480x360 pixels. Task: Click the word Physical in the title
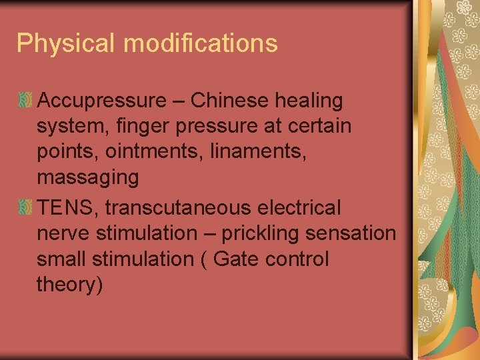(66, 43)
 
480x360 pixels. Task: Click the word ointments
(155, 151)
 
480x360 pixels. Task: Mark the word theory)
(70, 285)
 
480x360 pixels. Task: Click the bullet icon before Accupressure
(25, 101)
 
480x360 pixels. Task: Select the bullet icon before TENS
(25, 208)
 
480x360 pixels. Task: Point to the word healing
(311, 101)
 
